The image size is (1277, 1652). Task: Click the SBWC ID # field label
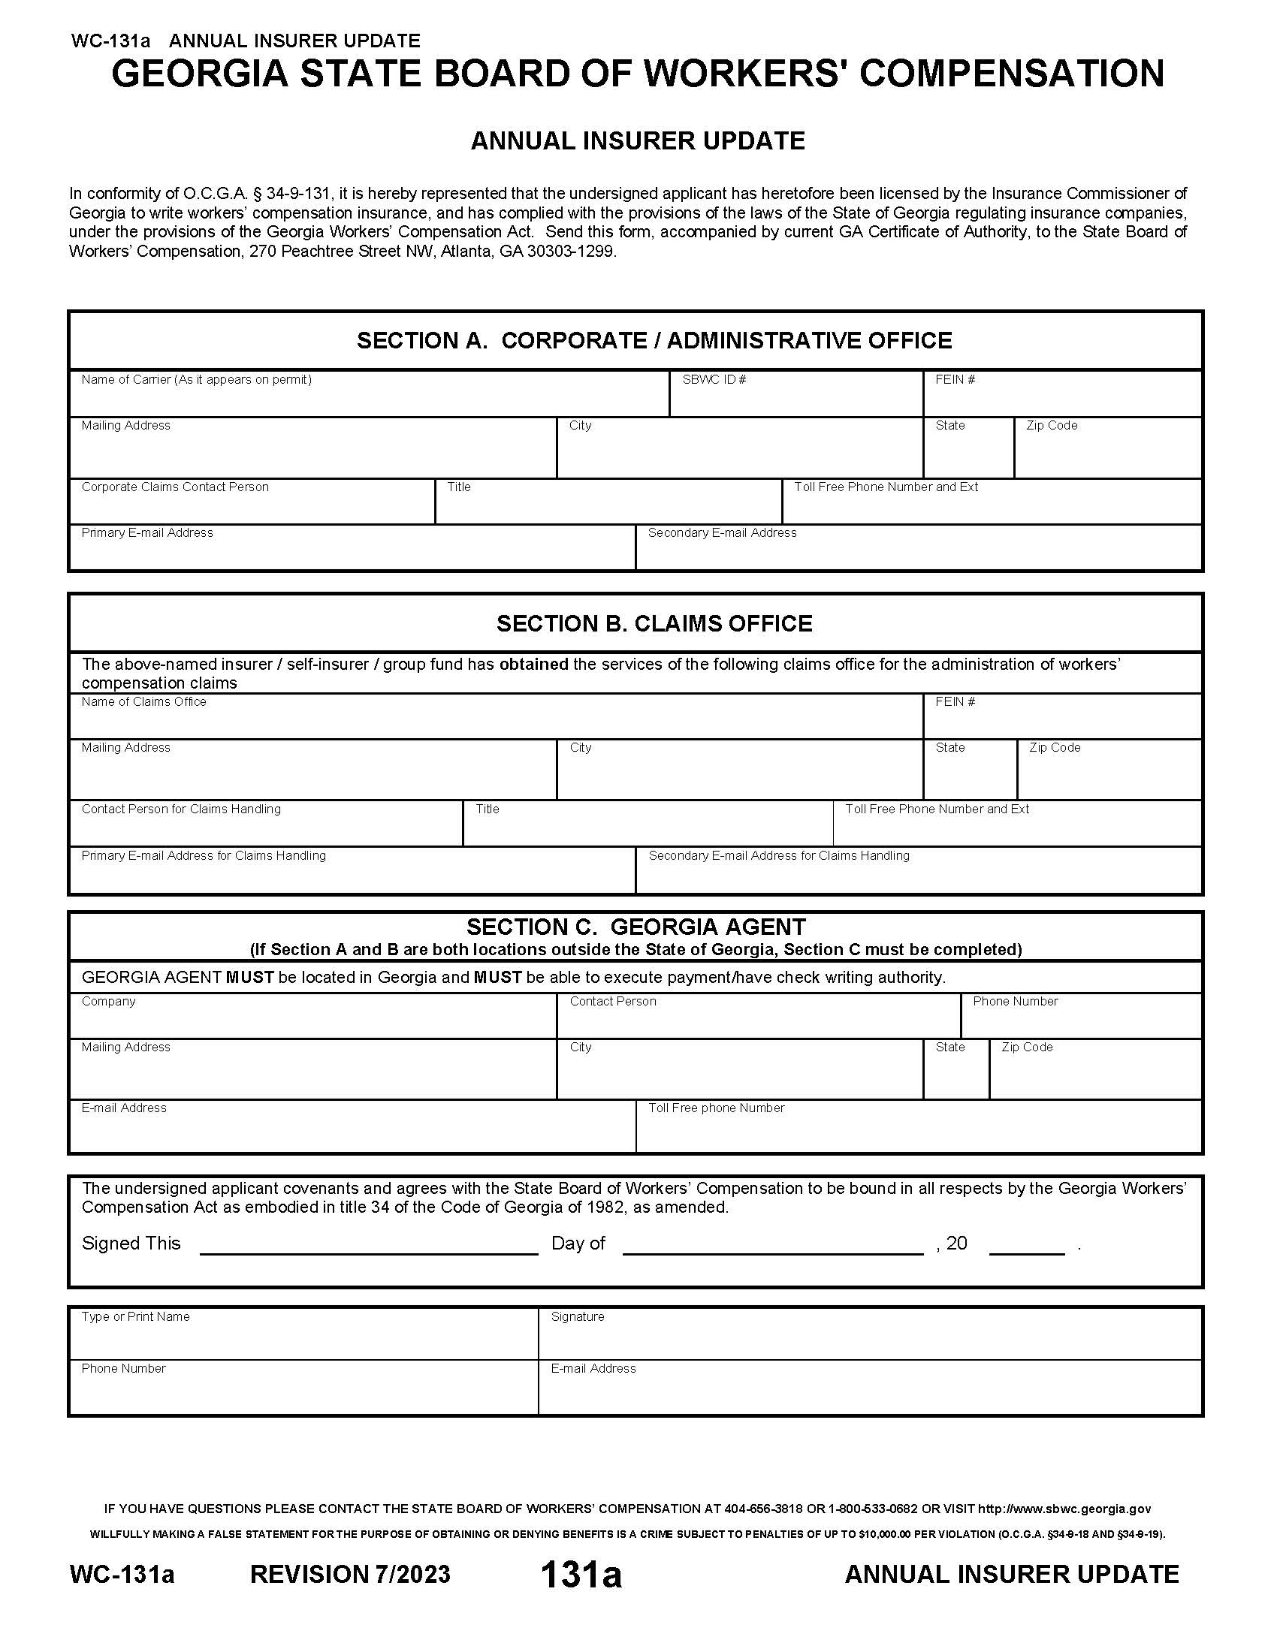point(714,380)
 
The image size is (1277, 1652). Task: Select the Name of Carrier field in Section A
point(369,399)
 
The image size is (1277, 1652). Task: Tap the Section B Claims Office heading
point(654,623)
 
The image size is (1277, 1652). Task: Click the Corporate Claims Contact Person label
point(175,487)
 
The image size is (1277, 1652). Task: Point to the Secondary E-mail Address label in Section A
point(722,533)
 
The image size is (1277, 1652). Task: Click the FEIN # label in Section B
point(955,702)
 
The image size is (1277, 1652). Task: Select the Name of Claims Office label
point(143,702)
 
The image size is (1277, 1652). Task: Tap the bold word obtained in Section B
point(533,664)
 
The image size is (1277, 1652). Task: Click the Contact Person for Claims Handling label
point(181,809)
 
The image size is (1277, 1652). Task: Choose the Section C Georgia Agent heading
point(635,927)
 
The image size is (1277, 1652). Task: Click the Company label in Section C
point(108,1002)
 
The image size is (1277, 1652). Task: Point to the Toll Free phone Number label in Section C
point(716,1108)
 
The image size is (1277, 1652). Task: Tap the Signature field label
point(577,1317)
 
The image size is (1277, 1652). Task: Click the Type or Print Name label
point(135,1317)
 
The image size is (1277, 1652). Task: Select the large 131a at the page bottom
point(580,1574)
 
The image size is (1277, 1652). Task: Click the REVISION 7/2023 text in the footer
point(349,1574)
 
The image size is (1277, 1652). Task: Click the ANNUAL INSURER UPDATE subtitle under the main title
point(638,140)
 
